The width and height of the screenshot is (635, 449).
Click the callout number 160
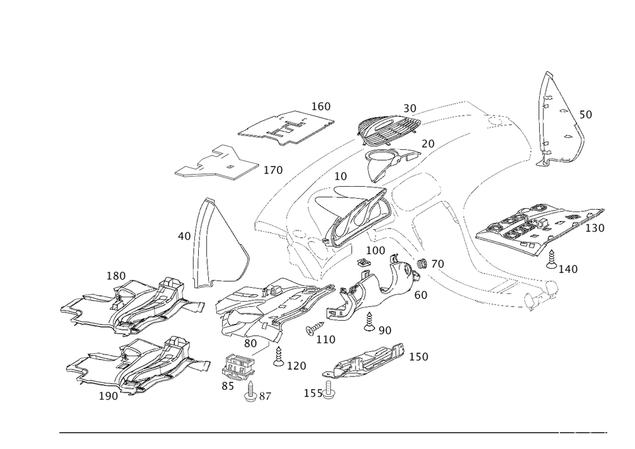pyautogui.click(x=322, y=106)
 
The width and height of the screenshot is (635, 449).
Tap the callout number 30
pyautogui.click(x=410, y=109)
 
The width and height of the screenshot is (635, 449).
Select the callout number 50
pyautogui.click(x=585, y=115)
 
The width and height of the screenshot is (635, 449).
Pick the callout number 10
pyautogui.click(x=340, y=175)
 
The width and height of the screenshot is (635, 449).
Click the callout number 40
pyautogui.click(x=184, y=236)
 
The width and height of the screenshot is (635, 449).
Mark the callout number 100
pyautogui.click(x=376, y=251)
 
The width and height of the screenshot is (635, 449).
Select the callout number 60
pyautogui.click(x=420, y=295)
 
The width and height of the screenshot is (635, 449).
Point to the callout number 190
pyautogui.click(x=109, y=394)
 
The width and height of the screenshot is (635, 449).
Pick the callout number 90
pyautogui.click(x=384, y=330)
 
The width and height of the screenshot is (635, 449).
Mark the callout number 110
pyautogui.click(x=326, y=340)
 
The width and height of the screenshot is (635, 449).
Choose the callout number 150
pyautogui.click(x=418, y=356)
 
